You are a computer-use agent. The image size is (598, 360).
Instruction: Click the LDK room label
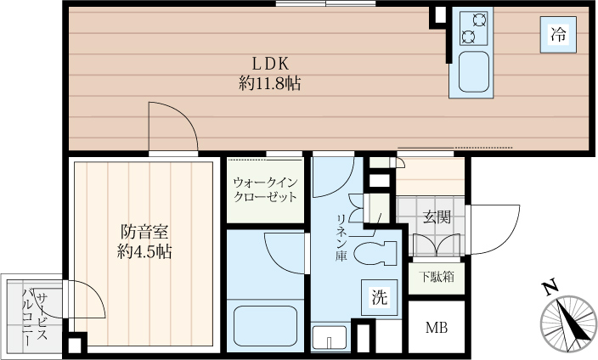(x=271, y=64)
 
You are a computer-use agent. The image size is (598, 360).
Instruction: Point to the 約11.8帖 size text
(x=271, y=84)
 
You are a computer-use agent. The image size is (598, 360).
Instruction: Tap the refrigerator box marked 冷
(x=558, y=35)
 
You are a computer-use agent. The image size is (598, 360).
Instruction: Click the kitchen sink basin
(x=473, y=73)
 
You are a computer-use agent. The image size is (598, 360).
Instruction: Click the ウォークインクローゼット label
(x=265, y=189)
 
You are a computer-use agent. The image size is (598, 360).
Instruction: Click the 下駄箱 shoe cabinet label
(x=437, y=277)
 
